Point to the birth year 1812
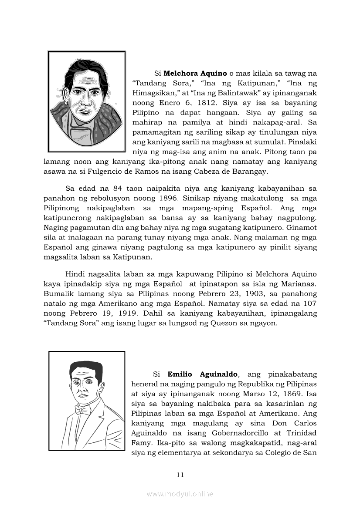[x=208, y=103]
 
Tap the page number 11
[x=180, y=475]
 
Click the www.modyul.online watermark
[x=180, y=494]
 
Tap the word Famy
[x=142, y=443]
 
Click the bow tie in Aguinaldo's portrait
[x=82, y=410]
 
